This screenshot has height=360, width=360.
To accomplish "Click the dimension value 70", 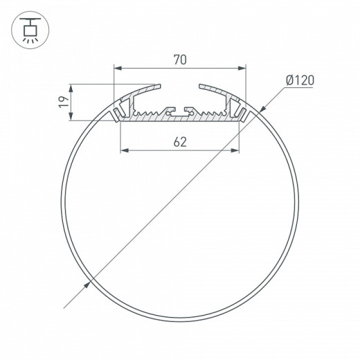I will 180,60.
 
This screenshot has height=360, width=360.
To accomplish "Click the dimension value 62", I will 180,142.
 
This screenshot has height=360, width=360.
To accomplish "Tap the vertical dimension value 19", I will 62,102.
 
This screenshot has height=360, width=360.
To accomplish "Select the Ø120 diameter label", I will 299,80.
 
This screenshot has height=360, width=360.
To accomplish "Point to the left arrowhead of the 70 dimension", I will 118,68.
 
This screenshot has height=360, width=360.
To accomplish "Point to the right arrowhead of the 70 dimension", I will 242,68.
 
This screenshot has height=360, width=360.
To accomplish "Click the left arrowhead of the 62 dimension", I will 125,150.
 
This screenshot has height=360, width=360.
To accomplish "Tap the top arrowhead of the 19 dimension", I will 72,88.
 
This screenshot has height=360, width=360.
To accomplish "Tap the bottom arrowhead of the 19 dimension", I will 72,117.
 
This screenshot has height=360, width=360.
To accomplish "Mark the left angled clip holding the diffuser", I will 120,110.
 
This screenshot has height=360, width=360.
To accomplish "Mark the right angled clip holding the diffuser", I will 240,110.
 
